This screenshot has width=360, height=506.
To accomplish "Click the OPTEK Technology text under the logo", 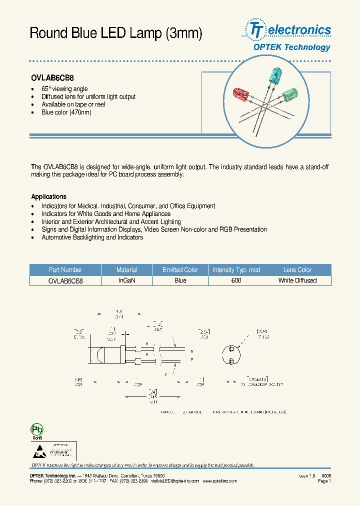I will coord(291,47).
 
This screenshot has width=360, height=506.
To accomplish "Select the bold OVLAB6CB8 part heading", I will coord(52,79).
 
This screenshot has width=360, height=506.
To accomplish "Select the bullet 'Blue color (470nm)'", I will coord(66,112).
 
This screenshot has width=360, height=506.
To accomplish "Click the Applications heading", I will coord(48,197).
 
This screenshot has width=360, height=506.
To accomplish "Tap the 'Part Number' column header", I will coord(65,270).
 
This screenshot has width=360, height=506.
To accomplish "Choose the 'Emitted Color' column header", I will coord(180,270).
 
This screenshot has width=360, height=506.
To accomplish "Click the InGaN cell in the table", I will coord(127,281).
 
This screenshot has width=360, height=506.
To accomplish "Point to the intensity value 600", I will coord(236,281).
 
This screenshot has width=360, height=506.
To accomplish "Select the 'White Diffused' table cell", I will coord(297,281).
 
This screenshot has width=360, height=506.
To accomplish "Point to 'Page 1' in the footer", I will coord(323,481).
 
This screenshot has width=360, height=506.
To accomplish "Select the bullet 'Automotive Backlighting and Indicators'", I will coord(92,237).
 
